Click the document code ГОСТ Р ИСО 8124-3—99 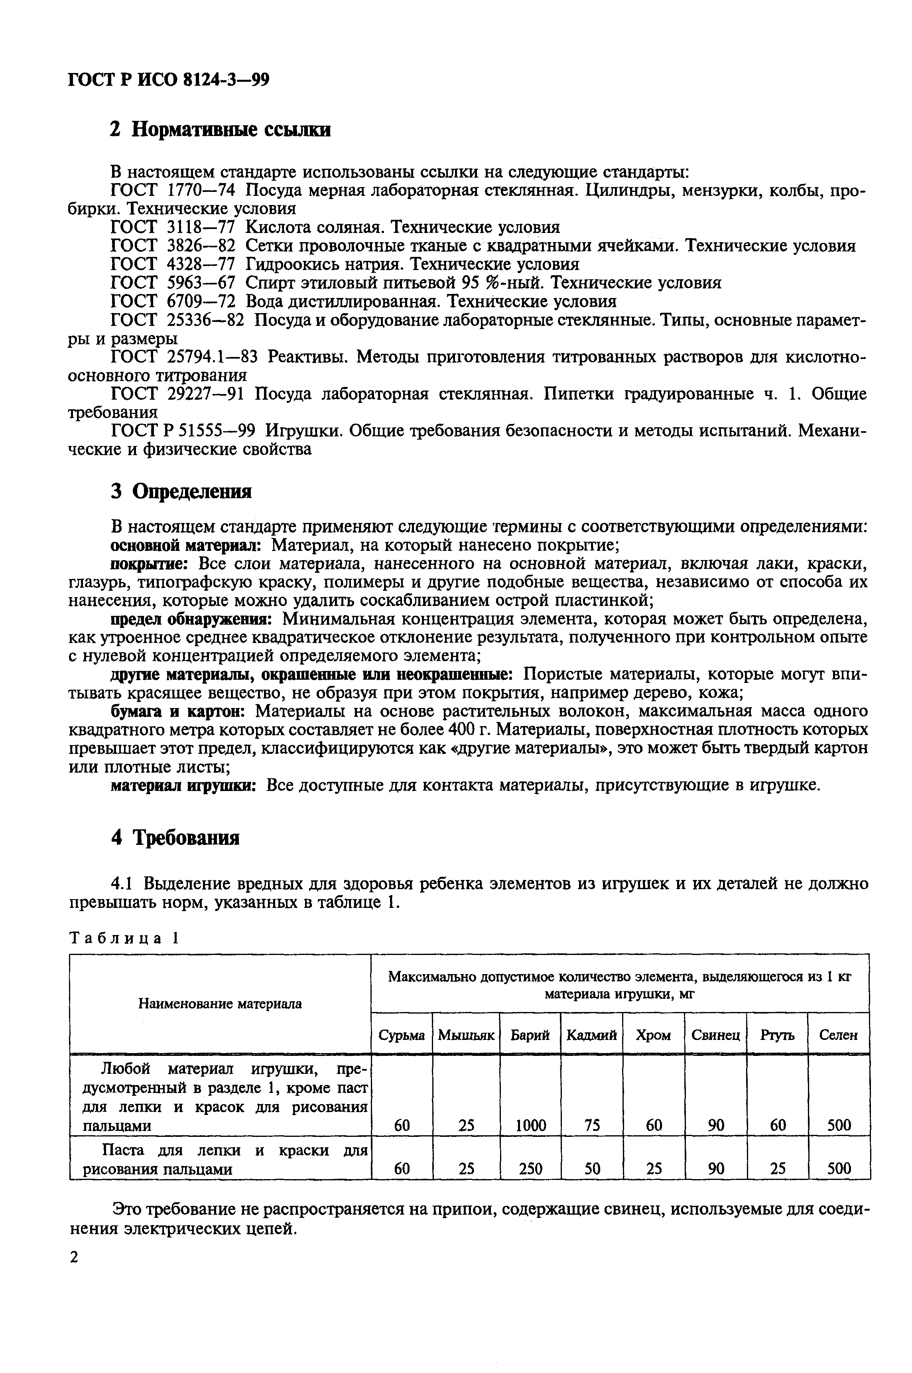[x=169, y=79]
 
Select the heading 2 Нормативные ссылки [x=221, y=130]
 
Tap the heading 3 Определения [x=181, y=491]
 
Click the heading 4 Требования [x=175, y=838]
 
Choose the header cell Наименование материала [x=220, y=1004]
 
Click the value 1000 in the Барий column [x=530, y=1125]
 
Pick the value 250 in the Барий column [x=530, y=1168]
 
